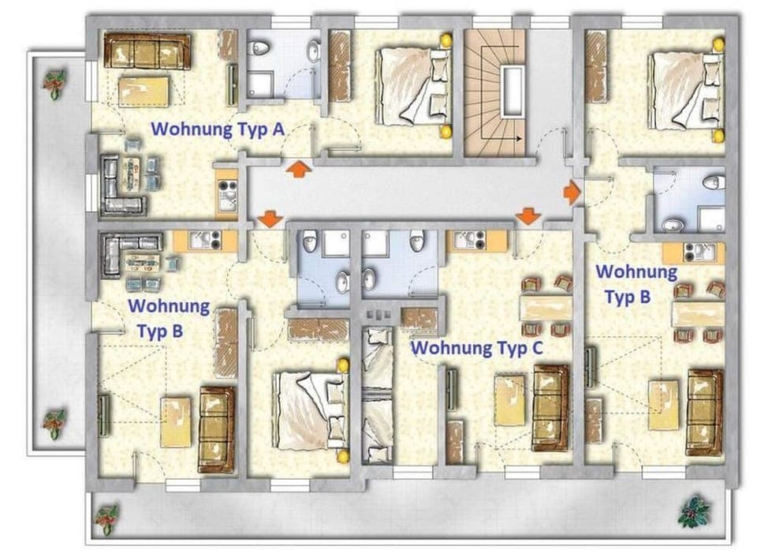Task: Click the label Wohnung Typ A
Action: click(217, 129)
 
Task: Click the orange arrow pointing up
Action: click(297, 169)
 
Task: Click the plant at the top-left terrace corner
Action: click(54, 82)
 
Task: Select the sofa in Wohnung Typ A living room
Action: click(147, 52)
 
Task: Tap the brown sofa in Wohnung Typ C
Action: click(550, 407)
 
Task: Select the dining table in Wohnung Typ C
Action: click(545, 307)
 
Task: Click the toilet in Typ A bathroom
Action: click(259, 49)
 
